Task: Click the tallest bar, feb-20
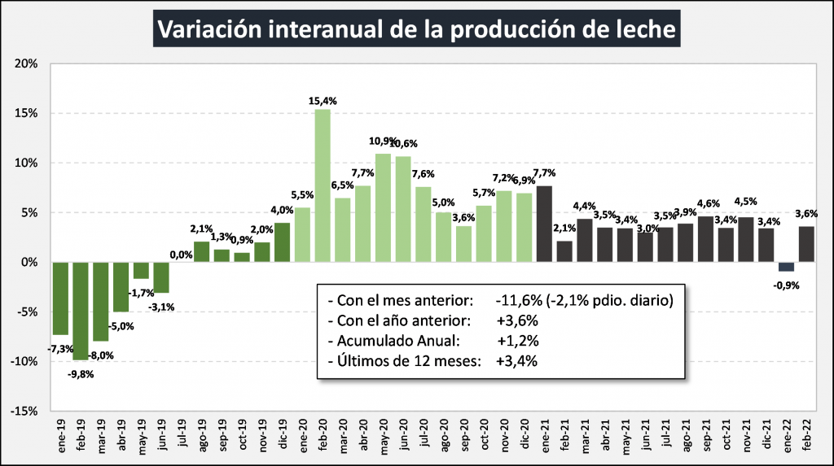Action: (323, 185)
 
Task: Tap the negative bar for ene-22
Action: (786, 267)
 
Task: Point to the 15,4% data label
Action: (323, 101)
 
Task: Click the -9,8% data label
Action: (81, 375)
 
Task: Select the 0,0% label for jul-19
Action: (182, 255)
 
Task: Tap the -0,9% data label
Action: (786, 285)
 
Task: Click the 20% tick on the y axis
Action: (26, 63)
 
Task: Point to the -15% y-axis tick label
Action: (24, 412)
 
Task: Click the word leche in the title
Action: (647, 30)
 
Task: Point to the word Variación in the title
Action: (208, 30)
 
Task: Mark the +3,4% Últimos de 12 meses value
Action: (516, 361)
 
